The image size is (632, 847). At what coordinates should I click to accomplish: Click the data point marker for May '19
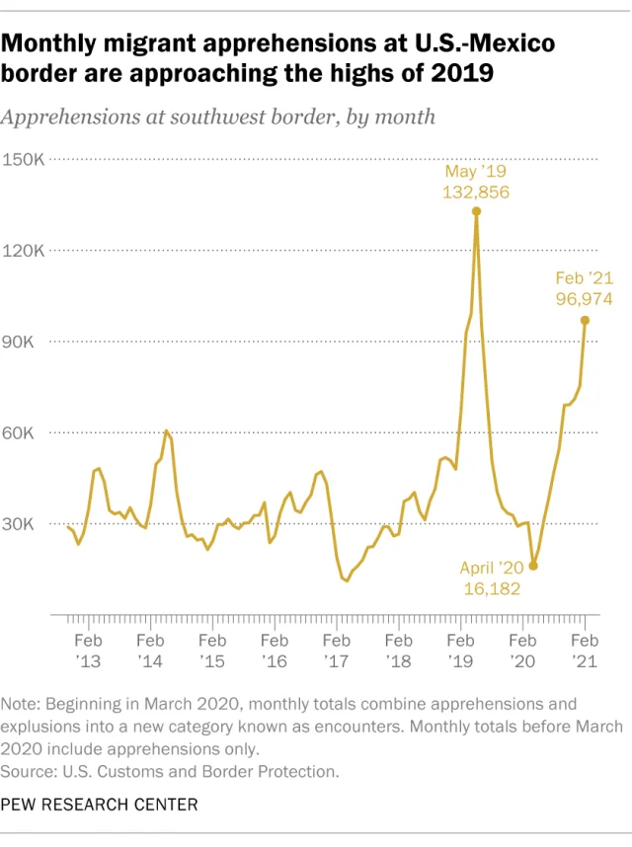476,211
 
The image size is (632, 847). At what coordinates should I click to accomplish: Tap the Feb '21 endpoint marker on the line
585,320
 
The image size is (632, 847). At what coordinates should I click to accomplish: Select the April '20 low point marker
533,566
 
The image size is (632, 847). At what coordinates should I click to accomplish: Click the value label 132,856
476,192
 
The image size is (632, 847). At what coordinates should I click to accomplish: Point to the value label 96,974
585,297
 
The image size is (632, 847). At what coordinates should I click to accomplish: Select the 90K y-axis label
26,342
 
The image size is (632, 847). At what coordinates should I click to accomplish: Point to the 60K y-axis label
26,432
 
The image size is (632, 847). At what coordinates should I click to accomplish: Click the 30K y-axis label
26,524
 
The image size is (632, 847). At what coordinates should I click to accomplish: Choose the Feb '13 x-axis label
89,650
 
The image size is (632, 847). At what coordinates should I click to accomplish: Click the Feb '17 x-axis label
336,650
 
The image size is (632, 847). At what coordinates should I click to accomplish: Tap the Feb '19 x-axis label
460,650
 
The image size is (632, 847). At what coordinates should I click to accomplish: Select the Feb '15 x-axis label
212,650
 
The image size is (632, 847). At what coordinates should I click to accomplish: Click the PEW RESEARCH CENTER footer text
99,805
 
